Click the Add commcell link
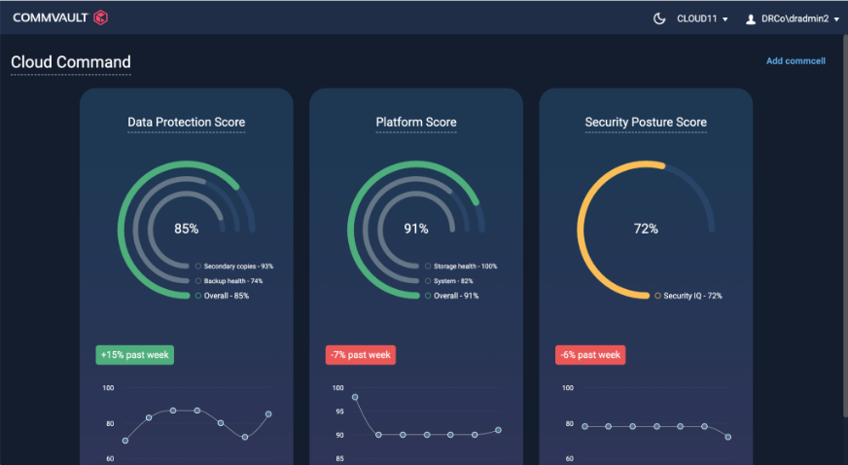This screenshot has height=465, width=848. point(795,61)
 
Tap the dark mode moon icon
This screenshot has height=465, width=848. point(659,18)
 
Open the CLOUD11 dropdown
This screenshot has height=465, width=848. point(702,18)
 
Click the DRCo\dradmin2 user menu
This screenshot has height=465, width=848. point(792,18)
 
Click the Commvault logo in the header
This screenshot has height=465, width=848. point(60,18)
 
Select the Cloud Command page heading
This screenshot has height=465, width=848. point(71,62)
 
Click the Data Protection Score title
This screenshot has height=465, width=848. point(186,123)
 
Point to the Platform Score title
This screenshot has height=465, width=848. point(416,123)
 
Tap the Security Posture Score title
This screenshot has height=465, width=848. point(646,123)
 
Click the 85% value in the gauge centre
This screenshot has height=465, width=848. point(186,229)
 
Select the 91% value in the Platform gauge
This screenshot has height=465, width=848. point(416,229)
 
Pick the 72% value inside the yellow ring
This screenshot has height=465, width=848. point(646,229)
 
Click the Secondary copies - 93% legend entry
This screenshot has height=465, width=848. point(237,266)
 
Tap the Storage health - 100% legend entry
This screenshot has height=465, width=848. point(464,266)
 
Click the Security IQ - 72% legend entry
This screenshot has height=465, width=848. point(691,295)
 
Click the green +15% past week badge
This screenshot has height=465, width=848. point(134,355)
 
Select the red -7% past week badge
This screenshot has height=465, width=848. point(361,355)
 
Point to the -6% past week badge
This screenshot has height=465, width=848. point(590,355)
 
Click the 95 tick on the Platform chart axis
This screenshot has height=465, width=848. point(338,411)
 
